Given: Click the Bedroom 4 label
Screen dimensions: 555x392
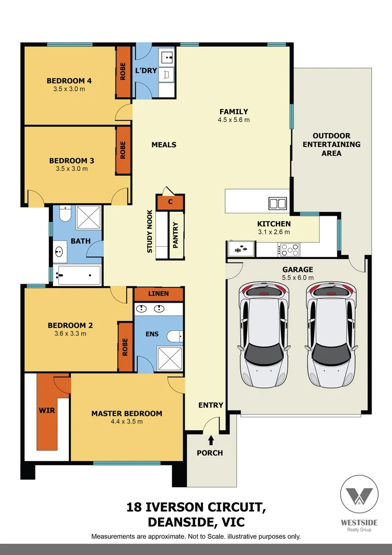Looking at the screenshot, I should (x=69, y=81).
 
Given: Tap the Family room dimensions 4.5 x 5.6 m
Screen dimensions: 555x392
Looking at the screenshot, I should (x=233, y=120).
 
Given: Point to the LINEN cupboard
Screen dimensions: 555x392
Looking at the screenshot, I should (x=159, y=294).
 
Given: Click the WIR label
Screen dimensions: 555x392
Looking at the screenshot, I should (x=47, y=411).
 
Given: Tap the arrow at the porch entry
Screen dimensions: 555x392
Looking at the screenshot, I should (x=211, y=440).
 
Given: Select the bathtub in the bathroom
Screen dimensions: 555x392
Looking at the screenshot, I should (x=79, y=276).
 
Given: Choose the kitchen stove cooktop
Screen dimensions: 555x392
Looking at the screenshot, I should (x=289, y=250).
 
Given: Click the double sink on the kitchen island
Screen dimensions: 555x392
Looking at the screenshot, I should (x=278, y=203).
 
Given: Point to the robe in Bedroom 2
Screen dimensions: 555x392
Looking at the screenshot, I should (x=125, y=347).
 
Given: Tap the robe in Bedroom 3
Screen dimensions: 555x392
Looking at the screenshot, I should (x=123, y=151).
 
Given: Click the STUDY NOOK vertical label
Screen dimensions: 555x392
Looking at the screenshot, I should (x=150, y=231).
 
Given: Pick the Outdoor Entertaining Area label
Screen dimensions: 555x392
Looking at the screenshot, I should (x=331, y=144).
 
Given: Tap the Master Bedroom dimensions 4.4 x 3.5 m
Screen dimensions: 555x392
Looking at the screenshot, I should (x=126, y=421).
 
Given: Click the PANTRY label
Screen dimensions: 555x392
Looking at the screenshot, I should (x=175, y=235).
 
